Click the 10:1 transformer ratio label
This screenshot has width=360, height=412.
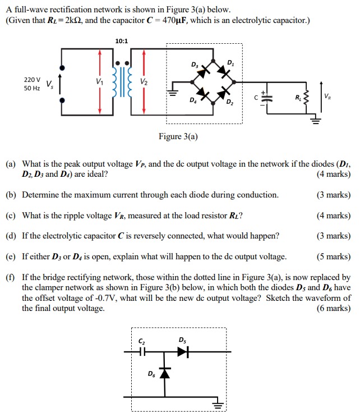(121, 41)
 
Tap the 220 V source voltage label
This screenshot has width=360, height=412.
(31, 80)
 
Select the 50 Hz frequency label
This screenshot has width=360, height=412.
(31, 89)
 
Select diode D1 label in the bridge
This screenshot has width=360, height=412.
(230, 62)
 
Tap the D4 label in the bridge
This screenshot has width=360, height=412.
(193, 100)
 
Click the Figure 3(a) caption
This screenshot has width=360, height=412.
(178, 136)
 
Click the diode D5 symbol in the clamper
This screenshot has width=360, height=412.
(183, 352)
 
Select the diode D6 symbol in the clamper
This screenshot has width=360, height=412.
(164, 373)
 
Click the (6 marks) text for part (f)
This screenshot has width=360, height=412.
(334, 308)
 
